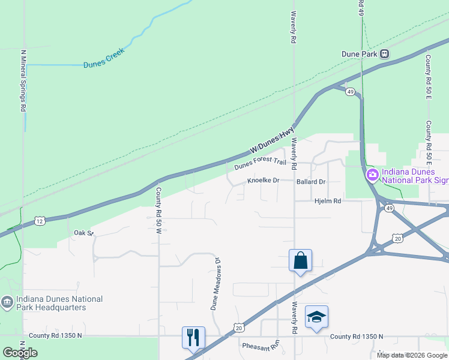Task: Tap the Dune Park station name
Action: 359,53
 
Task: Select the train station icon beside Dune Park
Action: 384,53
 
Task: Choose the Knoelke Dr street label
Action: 264,181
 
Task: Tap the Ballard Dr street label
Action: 311,181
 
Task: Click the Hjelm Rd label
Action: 328,201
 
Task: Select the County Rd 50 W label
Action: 159,215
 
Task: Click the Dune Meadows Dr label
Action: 214,283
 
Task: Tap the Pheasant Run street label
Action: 261,346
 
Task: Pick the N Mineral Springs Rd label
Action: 23,81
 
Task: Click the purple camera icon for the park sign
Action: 372,175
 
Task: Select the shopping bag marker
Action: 300,261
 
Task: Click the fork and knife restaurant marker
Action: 193,337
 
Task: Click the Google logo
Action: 19,353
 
